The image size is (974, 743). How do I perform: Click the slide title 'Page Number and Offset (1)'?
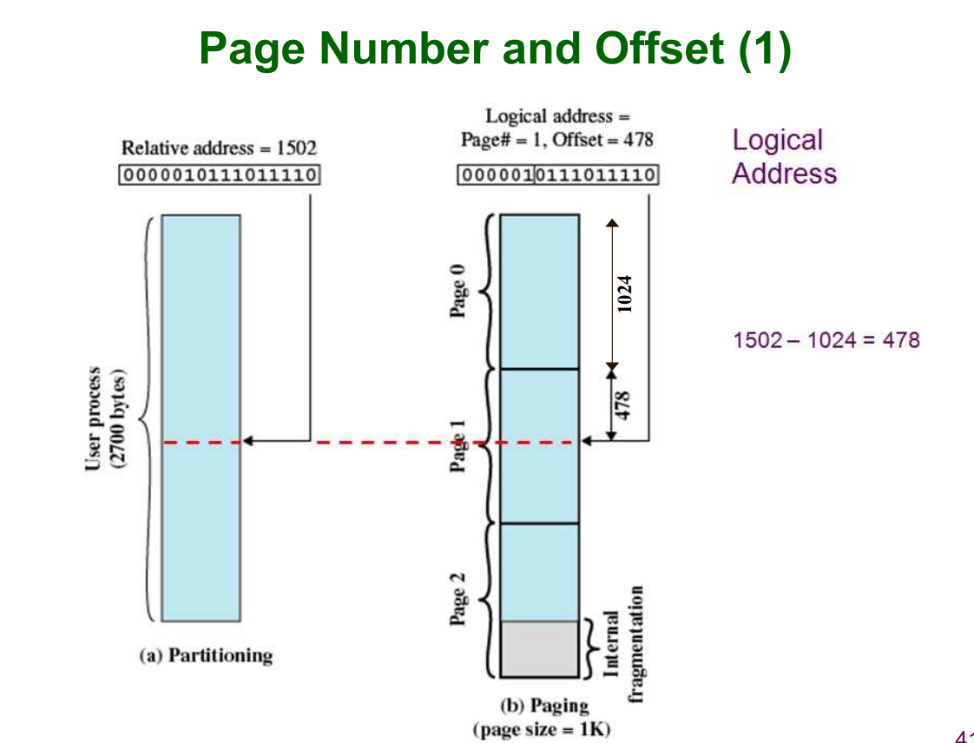(x=495, y=49)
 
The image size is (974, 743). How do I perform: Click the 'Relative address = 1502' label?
(x=219, y=148)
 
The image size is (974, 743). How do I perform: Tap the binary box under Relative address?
(x=219, y=175)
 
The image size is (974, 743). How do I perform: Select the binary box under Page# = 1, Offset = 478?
(x=557, y=175)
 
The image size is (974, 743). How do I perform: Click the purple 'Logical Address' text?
(x=784, y=156)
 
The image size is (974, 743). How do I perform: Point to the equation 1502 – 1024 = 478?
(x=826, y=339)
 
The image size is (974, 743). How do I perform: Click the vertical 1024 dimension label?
(x=624, y=293)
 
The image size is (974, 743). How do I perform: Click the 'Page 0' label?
(x=458, y=292)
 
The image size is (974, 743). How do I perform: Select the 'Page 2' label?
(x=458, y=599)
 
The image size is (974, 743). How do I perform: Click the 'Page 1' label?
(x=458, y=445)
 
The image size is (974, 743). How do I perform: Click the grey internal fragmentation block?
(x=539, y=648)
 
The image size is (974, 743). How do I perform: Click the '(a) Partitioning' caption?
(x=206, y=655)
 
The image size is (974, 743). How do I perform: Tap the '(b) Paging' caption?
(x=544, y=706)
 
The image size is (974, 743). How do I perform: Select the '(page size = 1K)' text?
(x=541, y=728)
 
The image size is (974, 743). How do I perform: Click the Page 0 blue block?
(x=539, y=291)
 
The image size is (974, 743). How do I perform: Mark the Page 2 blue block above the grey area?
(x=539, y=572)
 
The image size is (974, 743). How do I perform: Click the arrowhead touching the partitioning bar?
(x=247, y=441)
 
